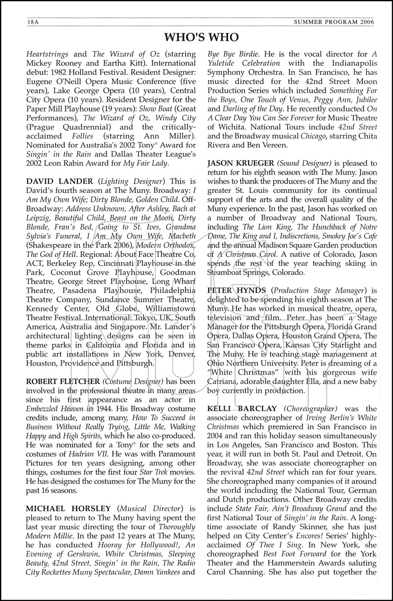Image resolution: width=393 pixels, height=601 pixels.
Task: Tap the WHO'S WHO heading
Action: (x=201, y=37)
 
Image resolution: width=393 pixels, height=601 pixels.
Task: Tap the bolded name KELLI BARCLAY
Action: (x=242, y=409)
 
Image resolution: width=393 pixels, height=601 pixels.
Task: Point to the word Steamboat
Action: (x=225, y=272)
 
